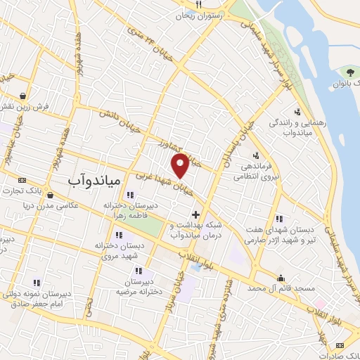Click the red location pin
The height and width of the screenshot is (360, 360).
181,165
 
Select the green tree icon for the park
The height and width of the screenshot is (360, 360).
349,72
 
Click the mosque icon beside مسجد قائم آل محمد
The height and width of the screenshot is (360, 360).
282,278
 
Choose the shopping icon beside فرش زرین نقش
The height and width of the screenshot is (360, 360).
24,96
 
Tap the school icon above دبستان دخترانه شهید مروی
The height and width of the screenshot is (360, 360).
118,234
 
